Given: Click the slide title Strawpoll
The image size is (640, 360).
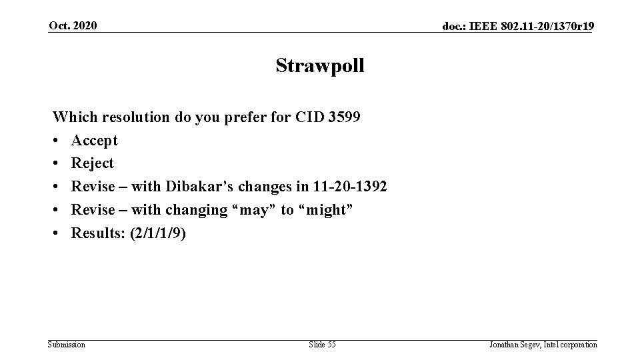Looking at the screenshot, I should (320, 66).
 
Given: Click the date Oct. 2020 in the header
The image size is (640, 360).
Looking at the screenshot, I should (72, 26).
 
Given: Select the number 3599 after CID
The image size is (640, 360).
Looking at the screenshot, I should (345, 118).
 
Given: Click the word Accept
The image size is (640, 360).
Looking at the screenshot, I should (95, 141).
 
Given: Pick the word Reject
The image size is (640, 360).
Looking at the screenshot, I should (93, 163).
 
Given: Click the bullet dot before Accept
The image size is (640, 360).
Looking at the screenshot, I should (57, 141).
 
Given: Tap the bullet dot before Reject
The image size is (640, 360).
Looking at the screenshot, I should (57, 163).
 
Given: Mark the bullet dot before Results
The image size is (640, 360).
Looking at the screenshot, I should (57, 233).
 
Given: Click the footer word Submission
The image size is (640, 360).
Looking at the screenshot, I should (67, 345).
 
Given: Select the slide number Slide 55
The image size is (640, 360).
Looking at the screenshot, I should (322, 345).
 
